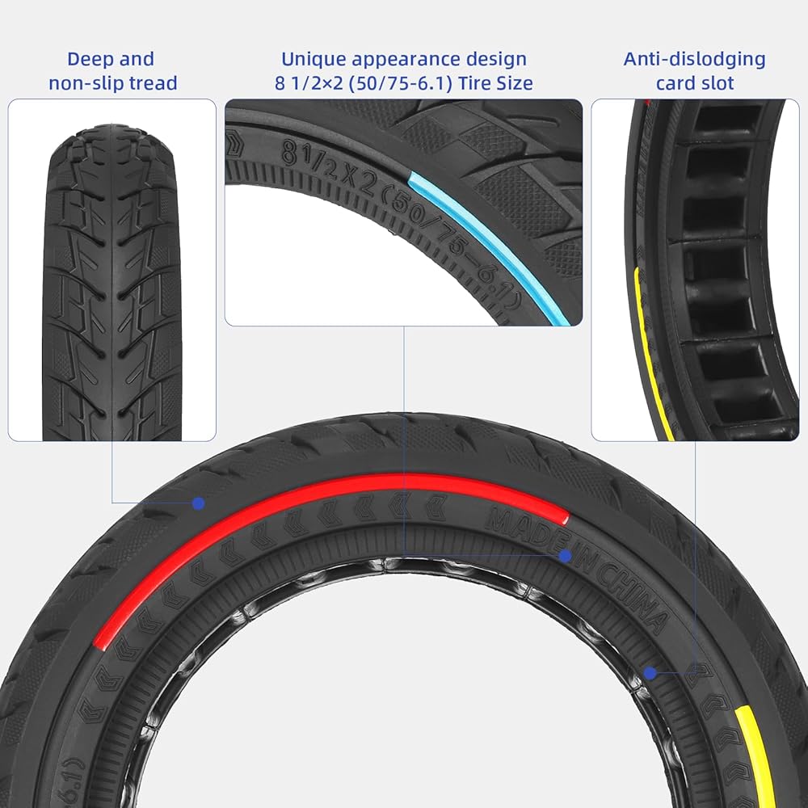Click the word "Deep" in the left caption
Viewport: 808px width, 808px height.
(90, 59)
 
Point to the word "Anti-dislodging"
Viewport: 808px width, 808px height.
(695, 59)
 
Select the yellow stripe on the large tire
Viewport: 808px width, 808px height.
(758, 751)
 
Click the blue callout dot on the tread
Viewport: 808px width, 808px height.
(198, 503)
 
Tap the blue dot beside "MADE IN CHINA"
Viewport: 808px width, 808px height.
(566, 556)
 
